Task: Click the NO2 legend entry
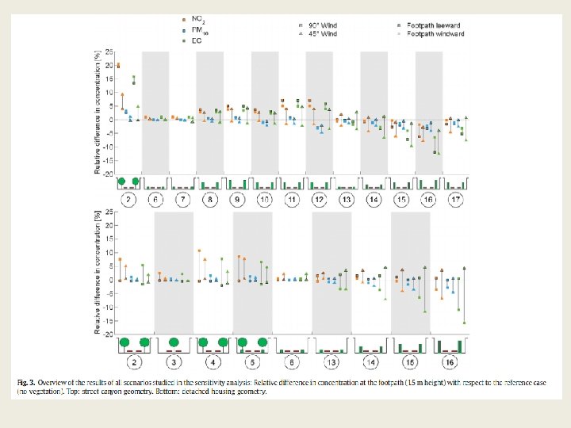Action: [191, 17]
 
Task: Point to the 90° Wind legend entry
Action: [320, 25]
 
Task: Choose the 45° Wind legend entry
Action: [320, 34]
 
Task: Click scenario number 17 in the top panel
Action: [456, 199]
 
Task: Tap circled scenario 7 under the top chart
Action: [183, 199]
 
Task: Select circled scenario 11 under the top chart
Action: [292, 199]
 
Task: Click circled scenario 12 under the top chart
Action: [320, 199]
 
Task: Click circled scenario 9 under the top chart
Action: [238, 199]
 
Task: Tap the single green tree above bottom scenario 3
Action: [174, 342]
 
